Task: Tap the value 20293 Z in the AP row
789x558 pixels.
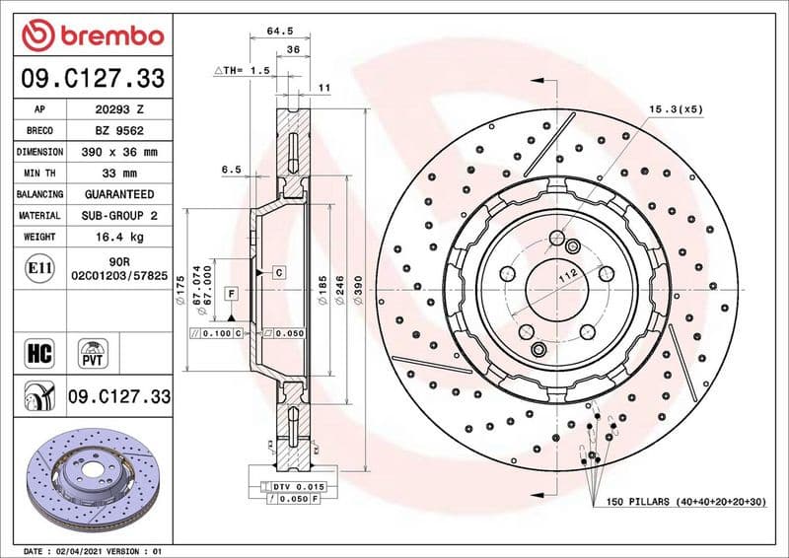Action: click(x=117, y=109)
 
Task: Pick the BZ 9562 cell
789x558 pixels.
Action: click(x=117, y=131)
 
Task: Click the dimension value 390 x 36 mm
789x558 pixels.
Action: click(x=117, y=152)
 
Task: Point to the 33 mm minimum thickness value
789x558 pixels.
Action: click(x=117, y=174)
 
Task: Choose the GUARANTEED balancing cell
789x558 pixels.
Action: click(x=117, y=194)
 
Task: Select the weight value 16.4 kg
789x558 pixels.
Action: click(x=117, y=237)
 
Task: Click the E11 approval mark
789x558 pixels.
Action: click(x=40, y=267)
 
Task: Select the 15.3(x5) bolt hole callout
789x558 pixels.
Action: click(x=676, y=109)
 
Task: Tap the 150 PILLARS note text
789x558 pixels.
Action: click(x=686, y=503)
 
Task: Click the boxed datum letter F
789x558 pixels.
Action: click(x=231, y=294)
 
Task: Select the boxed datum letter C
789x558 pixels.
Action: click(x=279, y=271)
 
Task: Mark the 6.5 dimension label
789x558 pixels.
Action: click(x=231, y=170)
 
